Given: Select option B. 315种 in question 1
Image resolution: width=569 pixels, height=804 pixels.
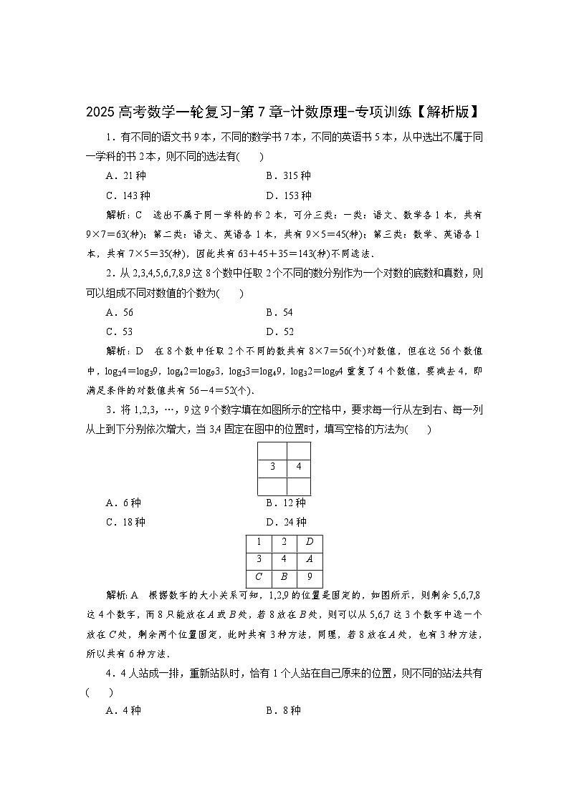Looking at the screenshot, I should click(x=288, y=176).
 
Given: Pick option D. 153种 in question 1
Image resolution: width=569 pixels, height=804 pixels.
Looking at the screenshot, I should click(x=288, y=195).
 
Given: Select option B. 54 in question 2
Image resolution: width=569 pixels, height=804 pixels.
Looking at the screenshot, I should click(x=279, y=312).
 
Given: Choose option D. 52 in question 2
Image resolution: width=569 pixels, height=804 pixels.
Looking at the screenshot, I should click(x=279, y=331).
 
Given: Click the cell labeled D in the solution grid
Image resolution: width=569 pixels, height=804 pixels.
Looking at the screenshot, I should click(x=310, y=542).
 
